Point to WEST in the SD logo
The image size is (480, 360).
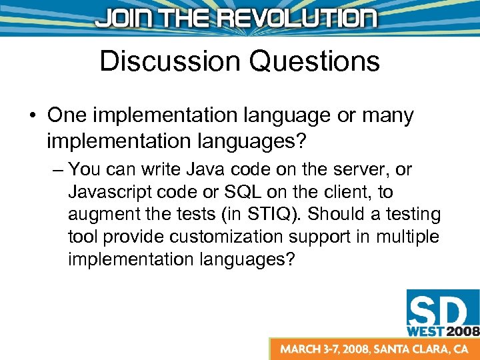(x=425, y=330)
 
